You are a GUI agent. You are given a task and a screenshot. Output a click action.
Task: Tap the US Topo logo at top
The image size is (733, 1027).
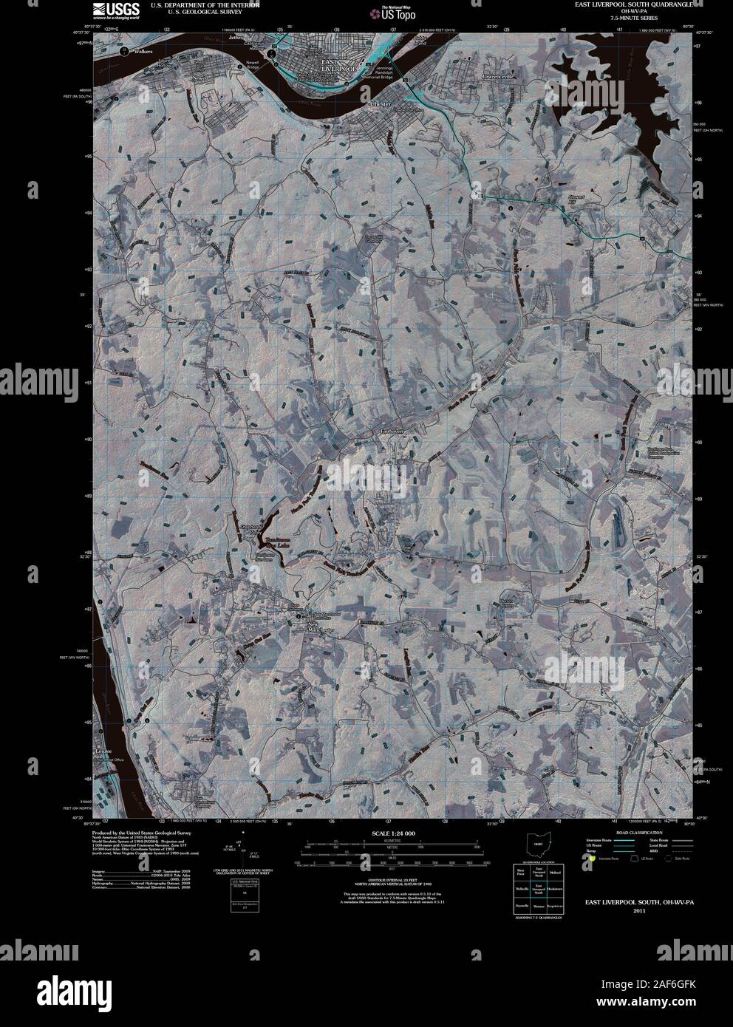(x=394, y=12)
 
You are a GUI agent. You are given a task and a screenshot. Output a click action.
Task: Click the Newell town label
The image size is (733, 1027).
(x=202, y=77)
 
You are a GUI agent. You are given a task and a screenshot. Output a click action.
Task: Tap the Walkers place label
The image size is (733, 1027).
(x=143, y=51)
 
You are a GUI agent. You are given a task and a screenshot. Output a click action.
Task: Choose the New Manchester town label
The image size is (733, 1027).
(x=321, y=627)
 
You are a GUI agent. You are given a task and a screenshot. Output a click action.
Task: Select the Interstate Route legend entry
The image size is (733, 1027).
(x=600, y=841)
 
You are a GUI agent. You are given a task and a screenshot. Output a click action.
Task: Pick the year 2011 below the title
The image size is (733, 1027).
(x=639, y=911)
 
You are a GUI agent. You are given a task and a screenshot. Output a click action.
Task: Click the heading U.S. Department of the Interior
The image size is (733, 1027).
(x=205, y=4)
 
